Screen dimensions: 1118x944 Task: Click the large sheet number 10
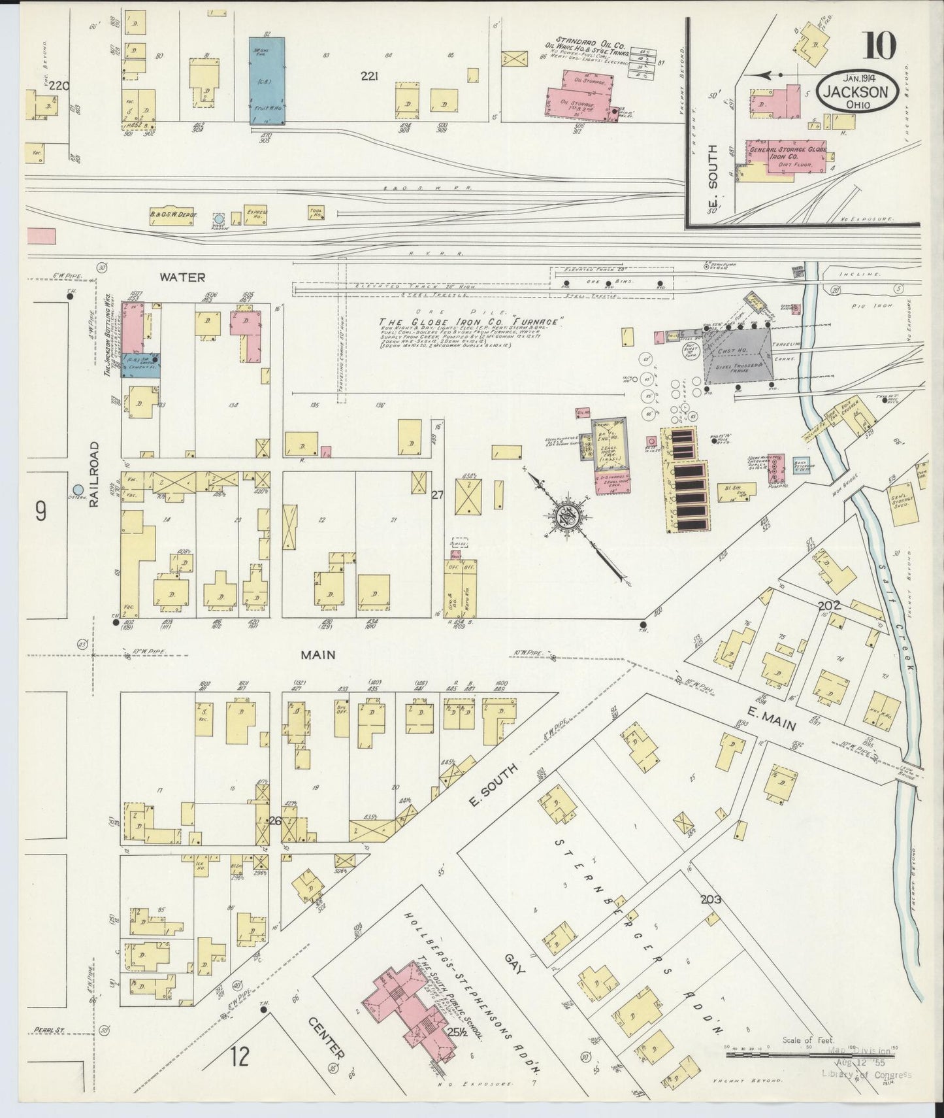pyautogui.click(x=881, y=47)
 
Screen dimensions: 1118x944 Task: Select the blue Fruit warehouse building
pyautogui.click(x=267, y=80)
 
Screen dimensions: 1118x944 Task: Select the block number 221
pyautogui.click(x=370, y=76)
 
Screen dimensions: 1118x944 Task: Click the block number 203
pyautogui.click(x=711, y=900)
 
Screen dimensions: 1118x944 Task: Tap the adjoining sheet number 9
pyautogui.click(x=41, y=512)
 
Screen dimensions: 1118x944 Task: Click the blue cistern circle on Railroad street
pyautogui.click(x=78, y=489)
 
